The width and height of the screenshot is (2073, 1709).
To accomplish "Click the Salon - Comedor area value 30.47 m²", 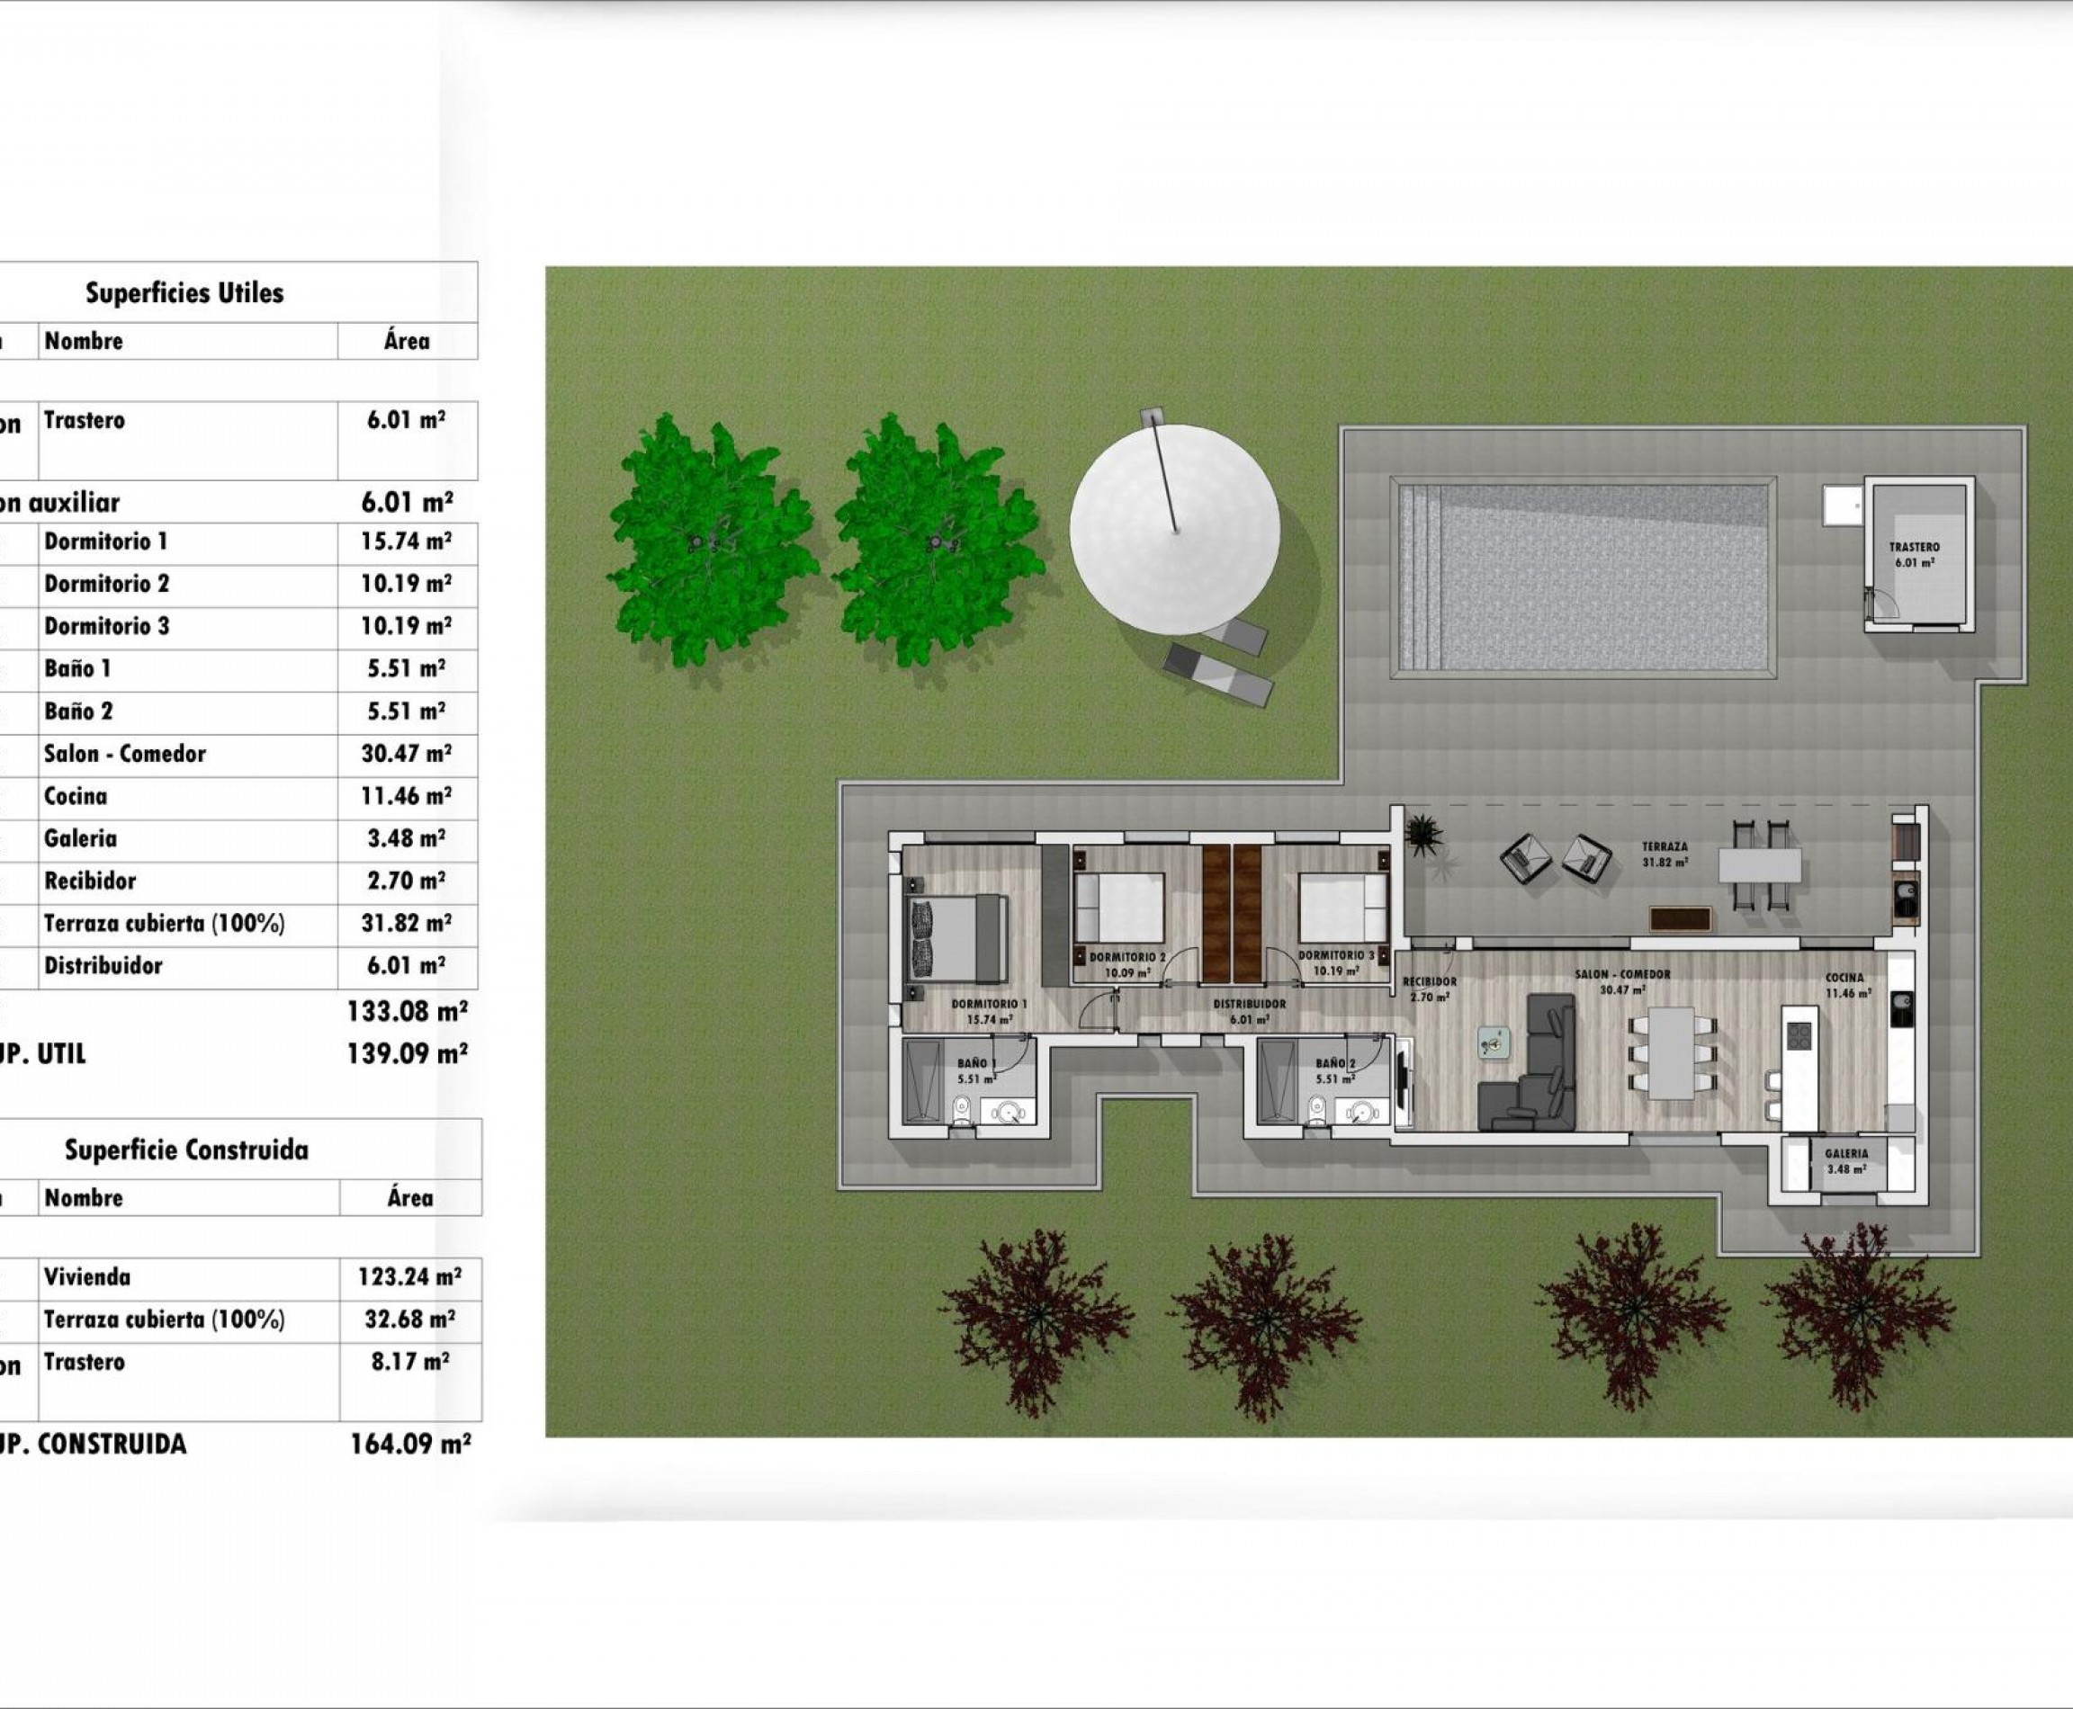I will [406, 754].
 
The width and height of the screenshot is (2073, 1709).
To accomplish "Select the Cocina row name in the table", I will [76, 796].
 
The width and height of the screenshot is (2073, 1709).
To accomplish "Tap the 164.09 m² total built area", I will [409, 1445].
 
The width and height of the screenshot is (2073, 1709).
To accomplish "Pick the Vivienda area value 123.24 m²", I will [408, 1277].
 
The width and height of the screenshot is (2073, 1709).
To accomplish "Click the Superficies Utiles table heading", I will [184, 292].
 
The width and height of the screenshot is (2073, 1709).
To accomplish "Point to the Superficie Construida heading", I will [186, 1150].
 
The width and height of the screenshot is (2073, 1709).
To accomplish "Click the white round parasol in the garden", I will [1175, 529].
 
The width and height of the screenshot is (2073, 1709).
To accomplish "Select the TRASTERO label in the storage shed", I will [1914, 548].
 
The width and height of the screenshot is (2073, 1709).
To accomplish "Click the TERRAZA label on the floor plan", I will [1665, 846].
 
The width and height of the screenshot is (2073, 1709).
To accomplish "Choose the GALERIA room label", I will [1845, 1154].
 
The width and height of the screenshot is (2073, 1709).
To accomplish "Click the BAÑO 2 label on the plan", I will [1335, 1063].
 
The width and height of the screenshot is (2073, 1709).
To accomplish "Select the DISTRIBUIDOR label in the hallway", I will [1249, 1004].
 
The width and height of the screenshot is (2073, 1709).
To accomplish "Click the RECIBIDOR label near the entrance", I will [1429, 981].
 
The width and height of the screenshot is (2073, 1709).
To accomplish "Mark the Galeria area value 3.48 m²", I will [406, 838].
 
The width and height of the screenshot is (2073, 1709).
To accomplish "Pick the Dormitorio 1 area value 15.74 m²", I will [406, 541].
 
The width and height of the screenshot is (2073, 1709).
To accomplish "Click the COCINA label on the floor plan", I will [1844, 979].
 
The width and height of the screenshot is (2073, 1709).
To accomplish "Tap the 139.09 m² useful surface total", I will [408, 1054].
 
